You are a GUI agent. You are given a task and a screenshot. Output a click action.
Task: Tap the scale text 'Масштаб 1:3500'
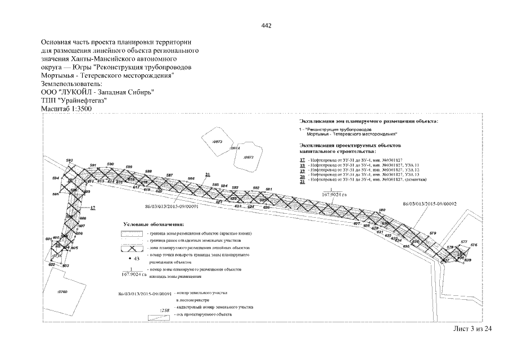(x=66, y=109)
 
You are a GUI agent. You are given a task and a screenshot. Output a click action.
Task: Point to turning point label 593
(x=70, y=161)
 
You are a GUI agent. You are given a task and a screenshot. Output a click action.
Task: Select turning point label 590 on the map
(x=110, y=164)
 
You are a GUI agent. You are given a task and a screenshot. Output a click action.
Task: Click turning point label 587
(x=169, y=175)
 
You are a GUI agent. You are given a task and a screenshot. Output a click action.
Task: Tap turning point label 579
(x=433, y=233)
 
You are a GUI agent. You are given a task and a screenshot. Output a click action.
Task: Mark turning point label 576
(x=474, y=245)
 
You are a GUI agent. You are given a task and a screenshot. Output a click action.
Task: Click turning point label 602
(x=52, y=264)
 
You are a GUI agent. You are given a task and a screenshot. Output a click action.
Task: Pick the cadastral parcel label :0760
(x=62, y=292)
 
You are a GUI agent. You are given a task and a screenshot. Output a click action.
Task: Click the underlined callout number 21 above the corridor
(x=208, y=174)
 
